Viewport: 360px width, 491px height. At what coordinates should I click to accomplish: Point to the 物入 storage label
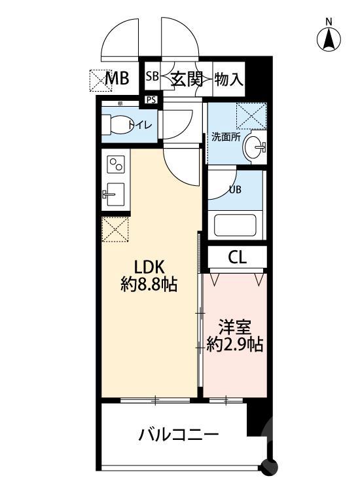pyautogui.click(x=229, y=79)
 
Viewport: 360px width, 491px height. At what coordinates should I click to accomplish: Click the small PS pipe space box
pyautogui.click(x=151, y=100)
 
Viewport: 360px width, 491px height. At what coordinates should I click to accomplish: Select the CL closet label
pyautogui.click(x=238, y=257)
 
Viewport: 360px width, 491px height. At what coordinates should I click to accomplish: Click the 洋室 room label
pyautogui.click(x=234, y=326)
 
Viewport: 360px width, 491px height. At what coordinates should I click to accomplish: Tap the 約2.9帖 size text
pyautogui.click(x=234, y=344)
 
